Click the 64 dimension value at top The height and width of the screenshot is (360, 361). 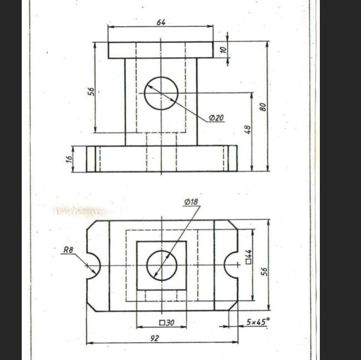(x=161, y=22)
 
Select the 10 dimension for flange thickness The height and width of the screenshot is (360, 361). (x=224, y=50)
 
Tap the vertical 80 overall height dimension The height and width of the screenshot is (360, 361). (x=263, y=106)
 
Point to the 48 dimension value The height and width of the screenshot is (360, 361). (x=248, y=129)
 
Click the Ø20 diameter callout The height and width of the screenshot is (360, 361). (x=216, y=118)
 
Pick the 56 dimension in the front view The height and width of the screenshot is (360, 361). (x=91, y=91)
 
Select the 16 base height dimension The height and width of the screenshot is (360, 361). (x=70, y=159)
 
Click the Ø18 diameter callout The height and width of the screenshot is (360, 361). (x=191, y=201)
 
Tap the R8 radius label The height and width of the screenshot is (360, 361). (x=68, y=250)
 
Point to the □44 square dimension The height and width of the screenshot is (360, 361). (x=249, y=257)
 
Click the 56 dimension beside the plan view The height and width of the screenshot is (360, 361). (x=264, y=272)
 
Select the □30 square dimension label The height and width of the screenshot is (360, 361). (x=166, y=322)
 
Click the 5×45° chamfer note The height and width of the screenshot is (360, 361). (x=258, y=322)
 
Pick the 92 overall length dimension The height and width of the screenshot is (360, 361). (x=155, y=338)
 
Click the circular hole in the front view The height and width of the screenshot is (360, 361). (x=161, y=93)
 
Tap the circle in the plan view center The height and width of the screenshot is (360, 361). (x=162, y=265)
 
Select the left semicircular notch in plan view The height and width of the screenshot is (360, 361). (x=92, y=265)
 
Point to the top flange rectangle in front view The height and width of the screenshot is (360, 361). (x=161, y=50)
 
